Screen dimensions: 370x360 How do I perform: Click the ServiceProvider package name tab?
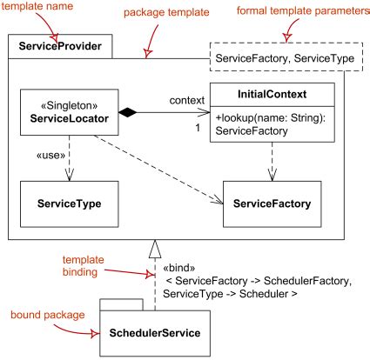(x=60, y=46)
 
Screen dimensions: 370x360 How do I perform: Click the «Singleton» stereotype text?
(x=70, y=105)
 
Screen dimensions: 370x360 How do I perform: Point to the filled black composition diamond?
(x=127, y=112)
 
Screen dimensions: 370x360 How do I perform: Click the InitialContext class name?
(x=272, y=94)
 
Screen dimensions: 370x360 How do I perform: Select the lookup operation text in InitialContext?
(x=271, y=124)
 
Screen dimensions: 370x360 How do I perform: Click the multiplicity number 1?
(x=198, y=128)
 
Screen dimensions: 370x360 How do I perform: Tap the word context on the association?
(x=187, y=100)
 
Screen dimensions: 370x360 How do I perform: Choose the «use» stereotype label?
(x=50, y=156)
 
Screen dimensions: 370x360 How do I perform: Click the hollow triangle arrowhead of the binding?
(x=155, y=249)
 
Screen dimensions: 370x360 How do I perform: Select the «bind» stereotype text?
(x=179, y=268)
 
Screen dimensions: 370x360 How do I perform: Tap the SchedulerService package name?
(x=155, y=333)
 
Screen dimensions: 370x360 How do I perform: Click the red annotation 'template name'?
(x=37, y=6)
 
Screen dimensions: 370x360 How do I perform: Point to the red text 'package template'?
(x=166, y=12)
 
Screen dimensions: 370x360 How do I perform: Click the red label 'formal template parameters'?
(x=303, y=10)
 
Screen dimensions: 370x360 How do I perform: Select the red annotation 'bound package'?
(x=48, y=315)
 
